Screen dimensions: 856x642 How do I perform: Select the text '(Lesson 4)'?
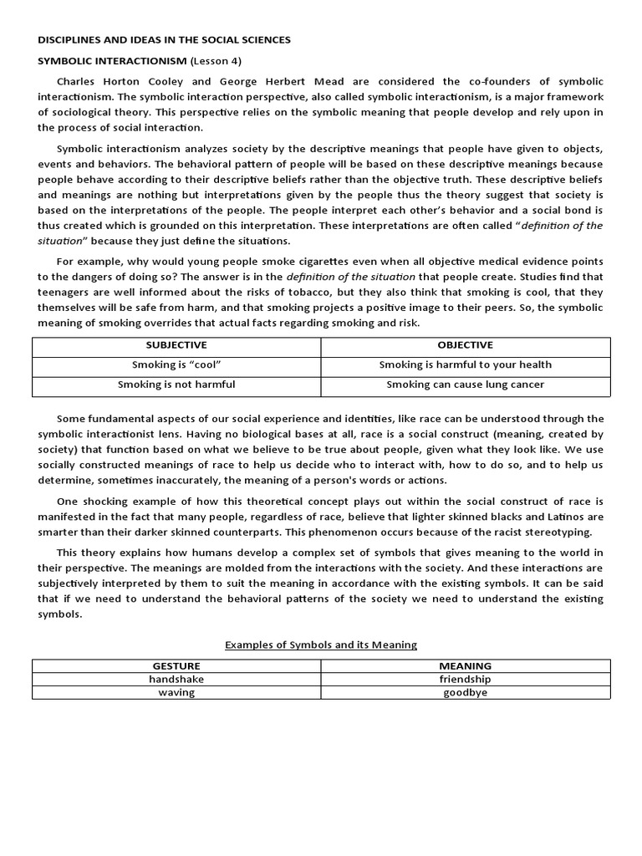(220, 61)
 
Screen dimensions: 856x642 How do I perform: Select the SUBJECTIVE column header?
(176, 345)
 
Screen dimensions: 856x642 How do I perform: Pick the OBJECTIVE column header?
(465, 345)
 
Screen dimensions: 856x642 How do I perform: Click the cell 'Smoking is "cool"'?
(176, 365)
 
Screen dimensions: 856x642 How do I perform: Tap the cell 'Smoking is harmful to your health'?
(465, 365)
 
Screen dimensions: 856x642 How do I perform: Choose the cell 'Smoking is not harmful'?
(176, 385)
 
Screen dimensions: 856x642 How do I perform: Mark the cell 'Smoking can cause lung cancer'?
(465, 385)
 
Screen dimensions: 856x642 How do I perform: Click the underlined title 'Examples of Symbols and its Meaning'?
(321, 645)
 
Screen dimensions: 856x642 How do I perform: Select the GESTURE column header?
(176, 666)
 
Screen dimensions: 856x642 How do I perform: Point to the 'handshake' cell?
(176, 680)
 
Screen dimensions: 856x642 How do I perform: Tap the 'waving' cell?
(176, 693)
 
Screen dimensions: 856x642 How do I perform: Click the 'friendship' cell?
(465, 680)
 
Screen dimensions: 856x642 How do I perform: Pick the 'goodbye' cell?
(465, 693)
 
